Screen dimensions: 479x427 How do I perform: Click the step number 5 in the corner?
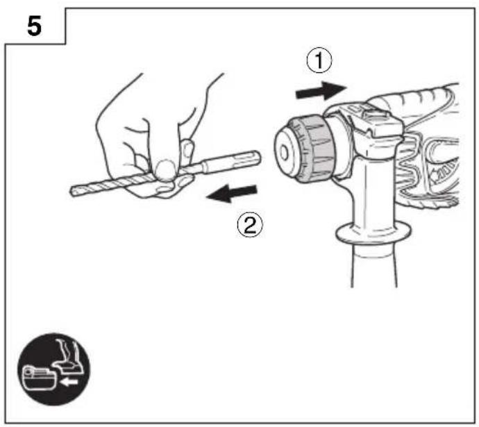point(34,26)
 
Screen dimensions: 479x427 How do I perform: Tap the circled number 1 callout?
point(319,60)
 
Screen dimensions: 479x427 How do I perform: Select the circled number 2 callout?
point(250,225)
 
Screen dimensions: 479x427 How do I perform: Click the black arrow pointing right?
point(321,91)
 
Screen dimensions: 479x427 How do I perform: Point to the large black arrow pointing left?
point(232,193)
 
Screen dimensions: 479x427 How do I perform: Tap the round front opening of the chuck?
point(284,153)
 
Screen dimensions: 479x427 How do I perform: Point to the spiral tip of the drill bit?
point(75,191)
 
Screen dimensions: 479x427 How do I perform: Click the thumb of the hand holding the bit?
point(165,170)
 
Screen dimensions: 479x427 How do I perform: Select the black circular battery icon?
point(53,369)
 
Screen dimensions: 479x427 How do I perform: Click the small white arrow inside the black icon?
point(69,381)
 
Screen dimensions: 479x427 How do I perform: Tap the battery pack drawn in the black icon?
point(40,378)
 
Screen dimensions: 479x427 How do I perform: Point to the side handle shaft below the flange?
point(374,265)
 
